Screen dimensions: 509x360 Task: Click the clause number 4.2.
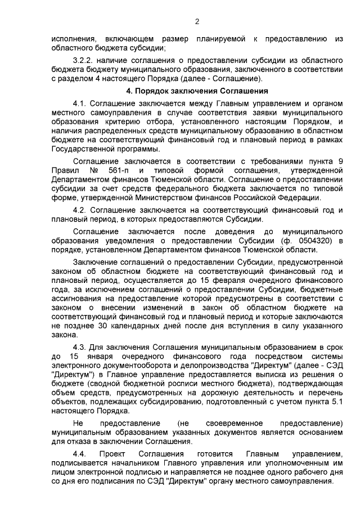[x=81, y=210]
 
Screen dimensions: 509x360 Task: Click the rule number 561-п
[x=112, y=170]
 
